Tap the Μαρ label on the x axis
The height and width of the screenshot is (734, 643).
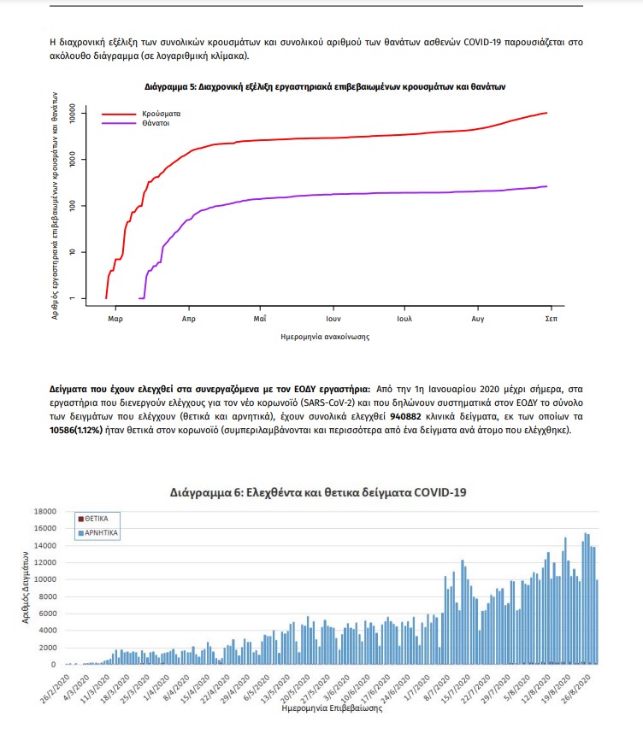click(x=116, y=318)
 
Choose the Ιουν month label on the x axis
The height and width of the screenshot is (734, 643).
click(x=333, y=318)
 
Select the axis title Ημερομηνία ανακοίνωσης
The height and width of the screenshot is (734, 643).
click(x=325, y=337)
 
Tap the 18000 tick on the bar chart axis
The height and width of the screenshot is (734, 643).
click(x=44, y=511)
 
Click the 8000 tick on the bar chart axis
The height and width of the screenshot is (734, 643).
click(x=46, y=596)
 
